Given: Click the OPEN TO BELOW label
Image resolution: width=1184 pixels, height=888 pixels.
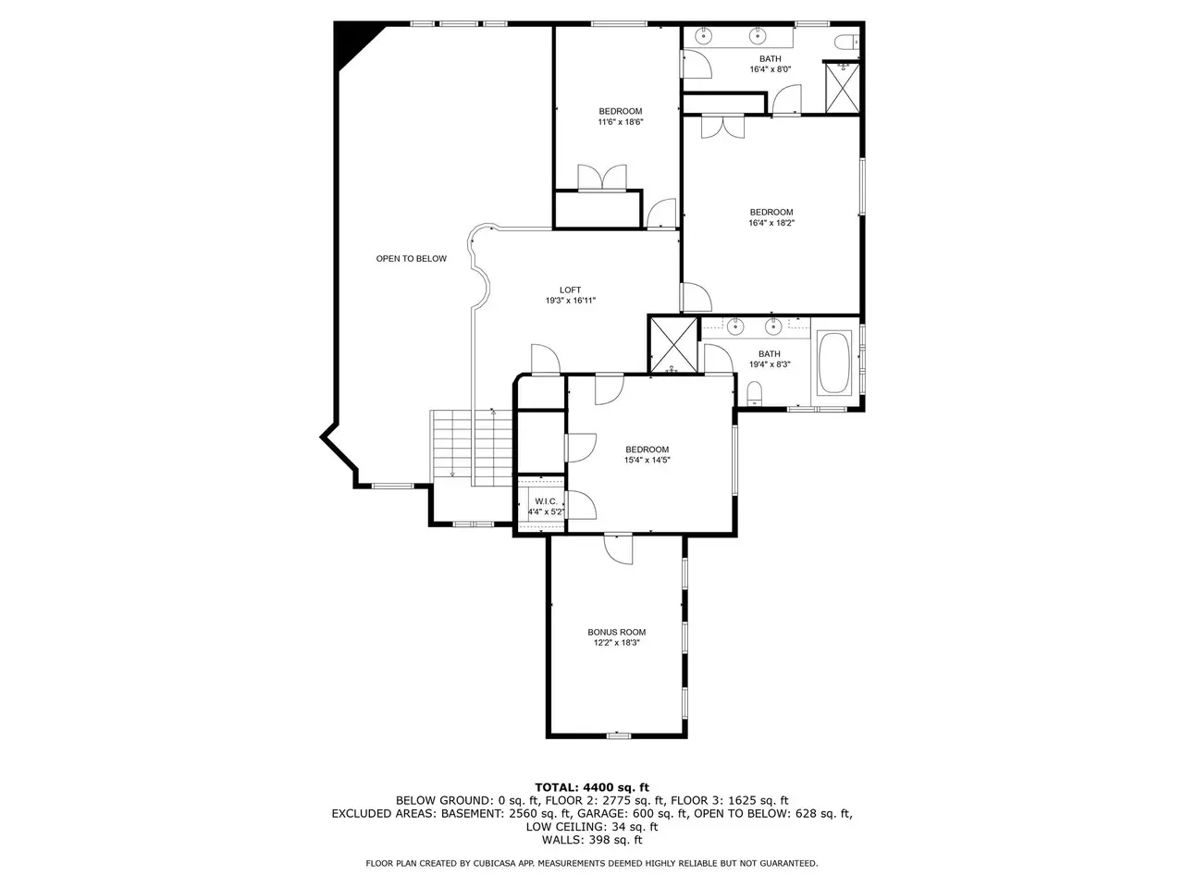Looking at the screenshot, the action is (411, 259).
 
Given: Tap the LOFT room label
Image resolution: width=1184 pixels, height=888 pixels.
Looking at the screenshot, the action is (570, 290).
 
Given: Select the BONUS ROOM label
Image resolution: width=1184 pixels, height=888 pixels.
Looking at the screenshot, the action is (617, 632).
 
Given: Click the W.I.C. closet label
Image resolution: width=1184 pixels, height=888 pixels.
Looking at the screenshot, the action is (546, 501).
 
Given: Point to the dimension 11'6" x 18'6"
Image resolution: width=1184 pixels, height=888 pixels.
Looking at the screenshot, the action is (621, 122).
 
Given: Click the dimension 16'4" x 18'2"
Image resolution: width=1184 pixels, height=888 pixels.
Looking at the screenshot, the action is (771, 223).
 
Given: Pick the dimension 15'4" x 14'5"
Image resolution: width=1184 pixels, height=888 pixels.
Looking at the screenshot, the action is (647, 460).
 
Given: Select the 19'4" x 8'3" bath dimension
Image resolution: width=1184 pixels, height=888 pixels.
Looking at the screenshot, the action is (770, 364).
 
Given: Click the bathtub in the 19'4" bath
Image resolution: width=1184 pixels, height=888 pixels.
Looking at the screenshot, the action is (834, 363).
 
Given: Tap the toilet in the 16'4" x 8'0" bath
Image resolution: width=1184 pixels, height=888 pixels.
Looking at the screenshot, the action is (846, 42).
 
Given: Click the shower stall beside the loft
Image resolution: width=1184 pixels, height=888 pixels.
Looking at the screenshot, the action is (673, 345).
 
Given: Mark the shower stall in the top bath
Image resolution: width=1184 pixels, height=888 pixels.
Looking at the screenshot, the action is (843, 89).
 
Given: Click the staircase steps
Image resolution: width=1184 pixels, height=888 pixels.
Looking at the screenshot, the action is (472, 448).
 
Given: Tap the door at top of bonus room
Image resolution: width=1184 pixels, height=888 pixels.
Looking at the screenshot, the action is (618, 549).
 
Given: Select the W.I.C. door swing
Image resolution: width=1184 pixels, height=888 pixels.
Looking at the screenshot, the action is (581, 505).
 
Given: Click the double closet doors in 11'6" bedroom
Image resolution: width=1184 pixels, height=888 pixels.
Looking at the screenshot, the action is (602, 178).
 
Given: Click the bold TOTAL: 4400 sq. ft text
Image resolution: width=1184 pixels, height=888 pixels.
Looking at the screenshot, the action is (592, 788).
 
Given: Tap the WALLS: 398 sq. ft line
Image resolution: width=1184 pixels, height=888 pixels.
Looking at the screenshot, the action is (592, 840).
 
